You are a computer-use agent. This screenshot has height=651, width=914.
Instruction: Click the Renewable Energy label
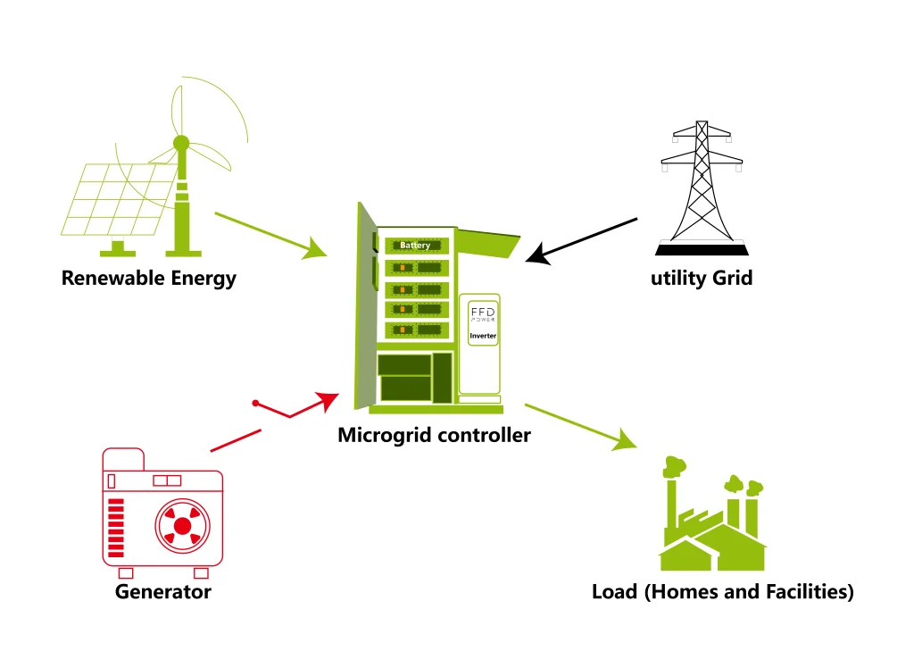[x=148, y=278]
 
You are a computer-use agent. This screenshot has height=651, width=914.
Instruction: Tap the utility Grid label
[x=702, y=278]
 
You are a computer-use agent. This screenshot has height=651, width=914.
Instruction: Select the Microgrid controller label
[x=434, y=436]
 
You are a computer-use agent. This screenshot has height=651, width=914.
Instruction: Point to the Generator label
[x=163, y=591]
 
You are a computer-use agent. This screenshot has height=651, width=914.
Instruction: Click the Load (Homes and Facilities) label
[x=722, y=591]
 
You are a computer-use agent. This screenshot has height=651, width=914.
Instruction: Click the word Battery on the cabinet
[x=415, y=245]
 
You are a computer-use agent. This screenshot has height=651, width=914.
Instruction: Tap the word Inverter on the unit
[x=483, y=336]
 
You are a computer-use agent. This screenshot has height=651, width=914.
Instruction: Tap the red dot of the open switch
[x=255, y=404]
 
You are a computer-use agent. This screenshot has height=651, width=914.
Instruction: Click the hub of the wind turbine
[x=181, y=143]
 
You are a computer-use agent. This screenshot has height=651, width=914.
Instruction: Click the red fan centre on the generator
[x=182, y=526]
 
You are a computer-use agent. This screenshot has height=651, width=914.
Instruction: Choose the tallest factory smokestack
[x=671, y=501]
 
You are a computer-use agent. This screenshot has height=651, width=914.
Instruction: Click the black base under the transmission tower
[x=702, y=249]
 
